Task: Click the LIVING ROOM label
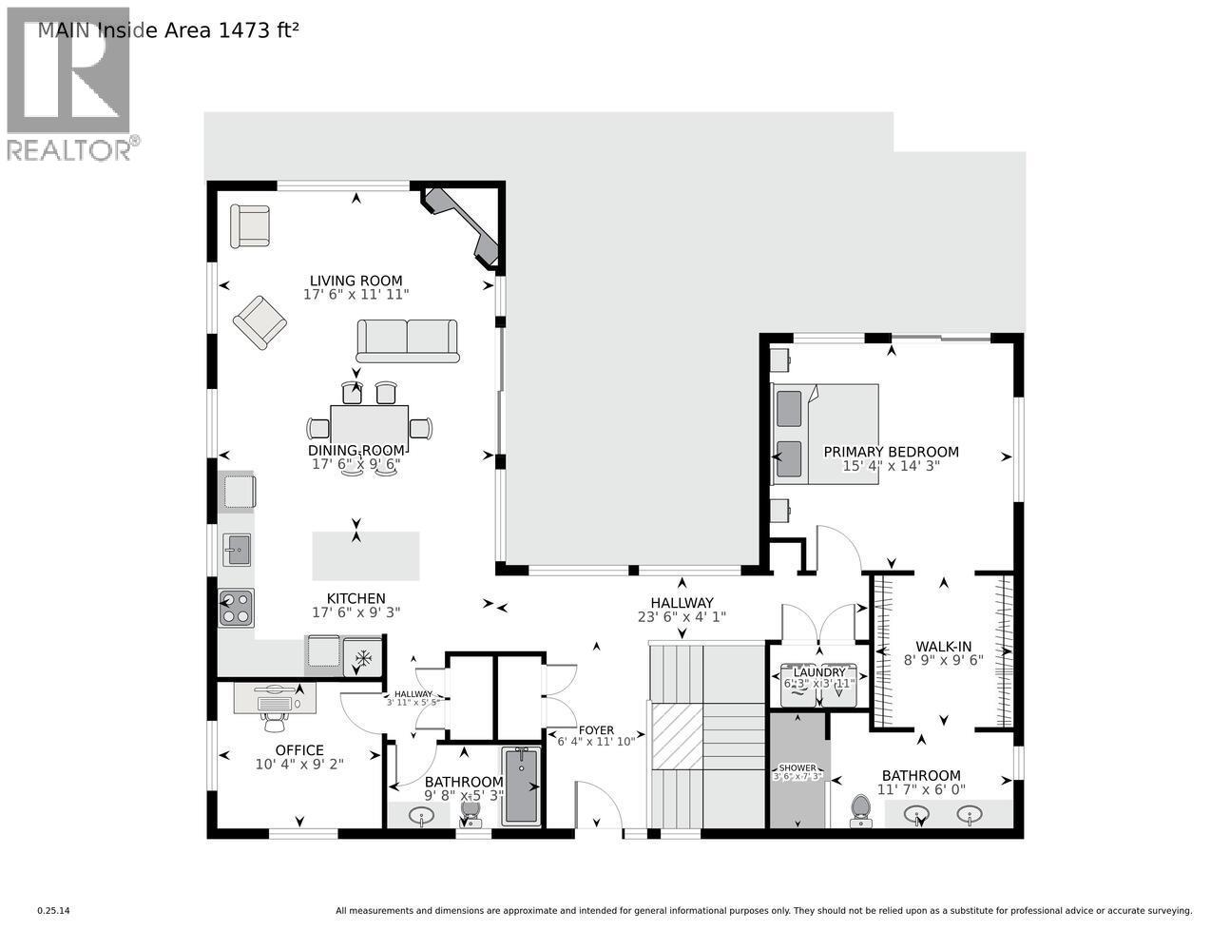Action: pyautogui.click(x=356, y=281)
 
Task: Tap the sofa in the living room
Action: pyautogui.click(x=408, y=340)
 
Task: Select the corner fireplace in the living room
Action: pyautogui.click(x=463, y=224)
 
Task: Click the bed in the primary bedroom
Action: pyautogui.click(x=825, y=434)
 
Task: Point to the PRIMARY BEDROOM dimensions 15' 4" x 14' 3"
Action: pyautogui.click(x=891, y=466)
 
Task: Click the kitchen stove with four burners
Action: pyautogui.click(x=236, y=609)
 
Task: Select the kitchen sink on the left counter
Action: pyautogui.click(x=237, y=549)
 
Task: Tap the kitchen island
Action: pyautogui.click(x=366, y=555)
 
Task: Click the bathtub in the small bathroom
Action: pyautogui.click(x=521, y=786)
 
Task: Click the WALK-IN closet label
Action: pyautogui.click(x=943, y=647)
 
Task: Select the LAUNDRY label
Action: pyautogui.click(x=818, y=672)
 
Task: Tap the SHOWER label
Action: pyautogui.click(x=797, y=767)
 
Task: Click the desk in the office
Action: pyautogui.click(x=275, y=698)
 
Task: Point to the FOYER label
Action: pyautogui.click(x=596, y=729)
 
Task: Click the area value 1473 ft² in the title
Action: pyautogui.click(x=259, y=30)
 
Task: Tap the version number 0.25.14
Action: pyautogui.click(x=53, y=911)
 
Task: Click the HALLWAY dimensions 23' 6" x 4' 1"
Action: pyautogui.click(x=682, y=616)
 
